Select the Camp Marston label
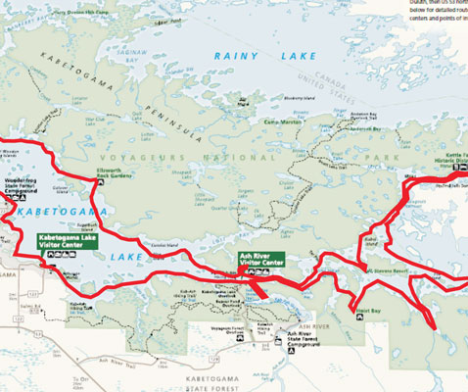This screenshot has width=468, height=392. [x=278, y=122]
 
